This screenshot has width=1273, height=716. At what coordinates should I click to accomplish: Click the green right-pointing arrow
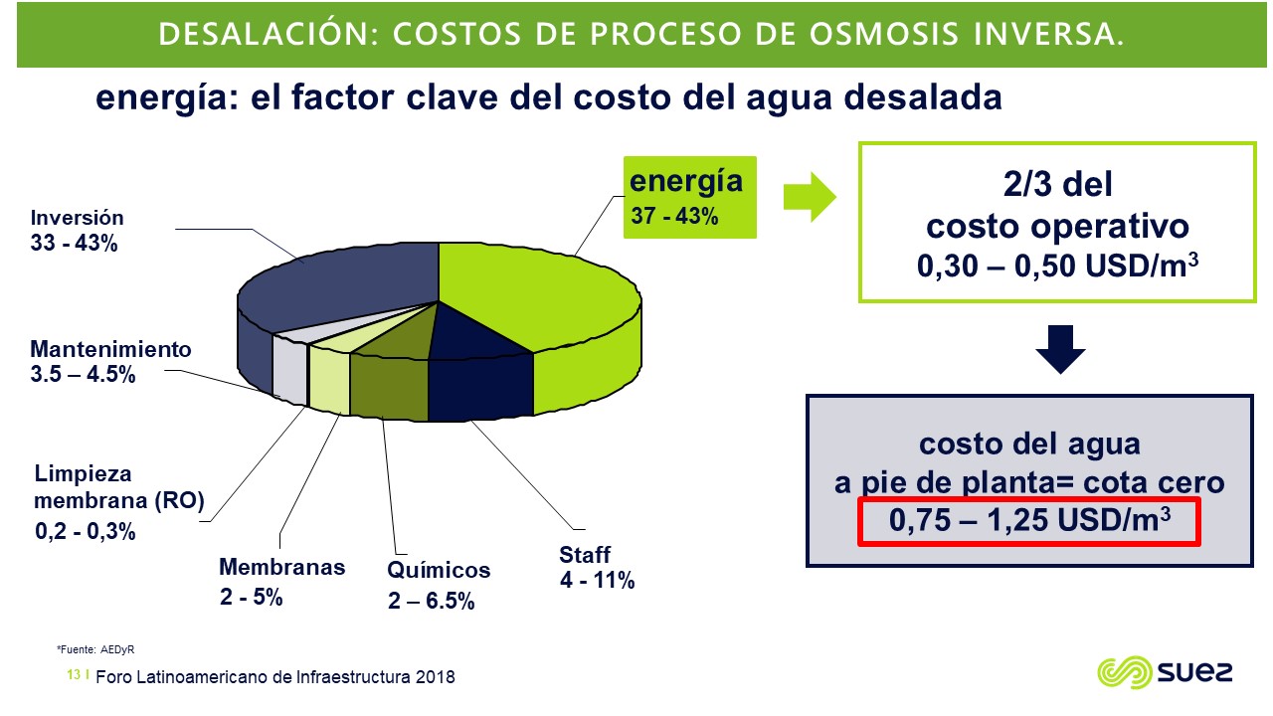pos(810,197)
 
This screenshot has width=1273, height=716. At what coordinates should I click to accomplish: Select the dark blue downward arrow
pos(1060,349)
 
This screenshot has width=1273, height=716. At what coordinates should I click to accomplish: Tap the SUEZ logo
pos(1165,672)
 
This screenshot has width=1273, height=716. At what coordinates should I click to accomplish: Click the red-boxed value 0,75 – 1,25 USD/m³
pos(1029,520)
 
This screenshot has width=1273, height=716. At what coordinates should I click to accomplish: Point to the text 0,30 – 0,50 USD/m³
pos(1057,266)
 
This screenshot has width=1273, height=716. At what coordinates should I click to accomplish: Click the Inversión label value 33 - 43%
pos(74,244)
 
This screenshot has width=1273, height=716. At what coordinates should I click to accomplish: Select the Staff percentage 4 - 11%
pos(597,580)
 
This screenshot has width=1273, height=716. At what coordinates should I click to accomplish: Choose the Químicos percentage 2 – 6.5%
pos(431,601)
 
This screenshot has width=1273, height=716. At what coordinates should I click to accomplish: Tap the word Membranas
pos(281,567)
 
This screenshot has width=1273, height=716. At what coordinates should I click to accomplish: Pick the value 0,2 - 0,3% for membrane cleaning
pos(86,531)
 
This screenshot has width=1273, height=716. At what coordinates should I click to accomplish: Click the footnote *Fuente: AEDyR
pos(95,649)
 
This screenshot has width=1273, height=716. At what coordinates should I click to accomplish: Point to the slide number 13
pos(74,674)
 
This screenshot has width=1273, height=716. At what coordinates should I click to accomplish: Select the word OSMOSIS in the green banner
pos(884,34)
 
